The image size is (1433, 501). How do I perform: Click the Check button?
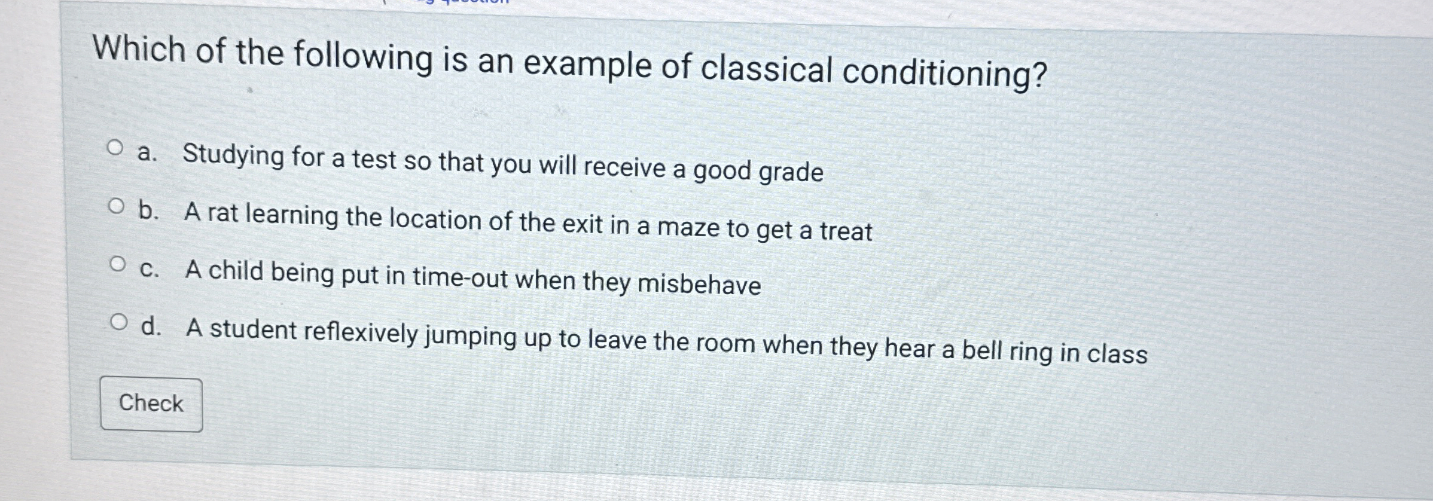point(151,404)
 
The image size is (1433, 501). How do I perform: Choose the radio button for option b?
point(117,207)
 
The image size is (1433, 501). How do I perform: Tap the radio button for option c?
point(118,264)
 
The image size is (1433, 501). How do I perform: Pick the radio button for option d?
point(119,323)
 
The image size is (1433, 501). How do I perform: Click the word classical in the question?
point(766,69)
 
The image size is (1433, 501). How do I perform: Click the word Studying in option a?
point(233,156)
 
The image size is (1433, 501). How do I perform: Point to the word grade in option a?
point(791,173)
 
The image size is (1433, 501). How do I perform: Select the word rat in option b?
point(223,213)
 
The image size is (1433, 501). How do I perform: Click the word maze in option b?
point(688,228)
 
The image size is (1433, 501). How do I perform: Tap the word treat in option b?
point(846,231)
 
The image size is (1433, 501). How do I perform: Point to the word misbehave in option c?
point(699,284)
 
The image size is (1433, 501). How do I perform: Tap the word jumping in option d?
point(473,337)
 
